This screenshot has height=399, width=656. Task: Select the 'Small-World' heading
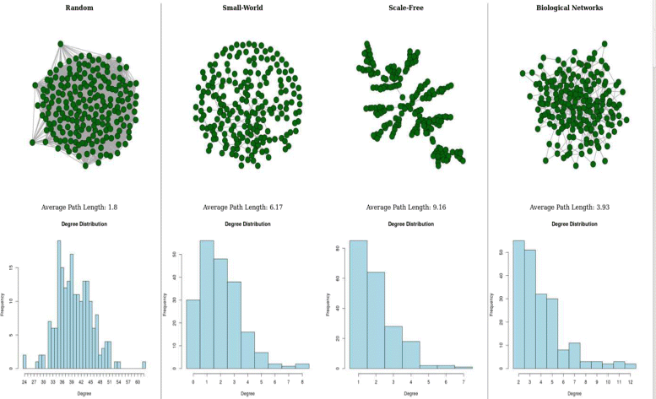(x=241, y=8)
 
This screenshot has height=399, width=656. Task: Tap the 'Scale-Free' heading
(x=404, y=8)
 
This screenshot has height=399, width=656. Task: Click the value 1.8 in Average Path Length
(x=113, y=207)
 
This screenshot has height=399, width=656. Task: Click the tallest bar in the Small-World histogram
(x=206, y=304)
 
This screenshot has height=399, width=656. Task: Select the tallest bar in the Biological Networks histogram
(x=518, y=304)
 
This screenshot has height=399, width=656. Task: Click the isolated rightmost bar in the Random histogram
(x=144, y=364)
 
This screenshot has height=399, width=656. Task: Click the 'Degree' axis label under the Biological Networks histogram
(x=574, y=393)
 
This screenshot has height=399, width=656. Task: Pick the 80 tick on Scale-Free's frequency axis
(x=338, y=249)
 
